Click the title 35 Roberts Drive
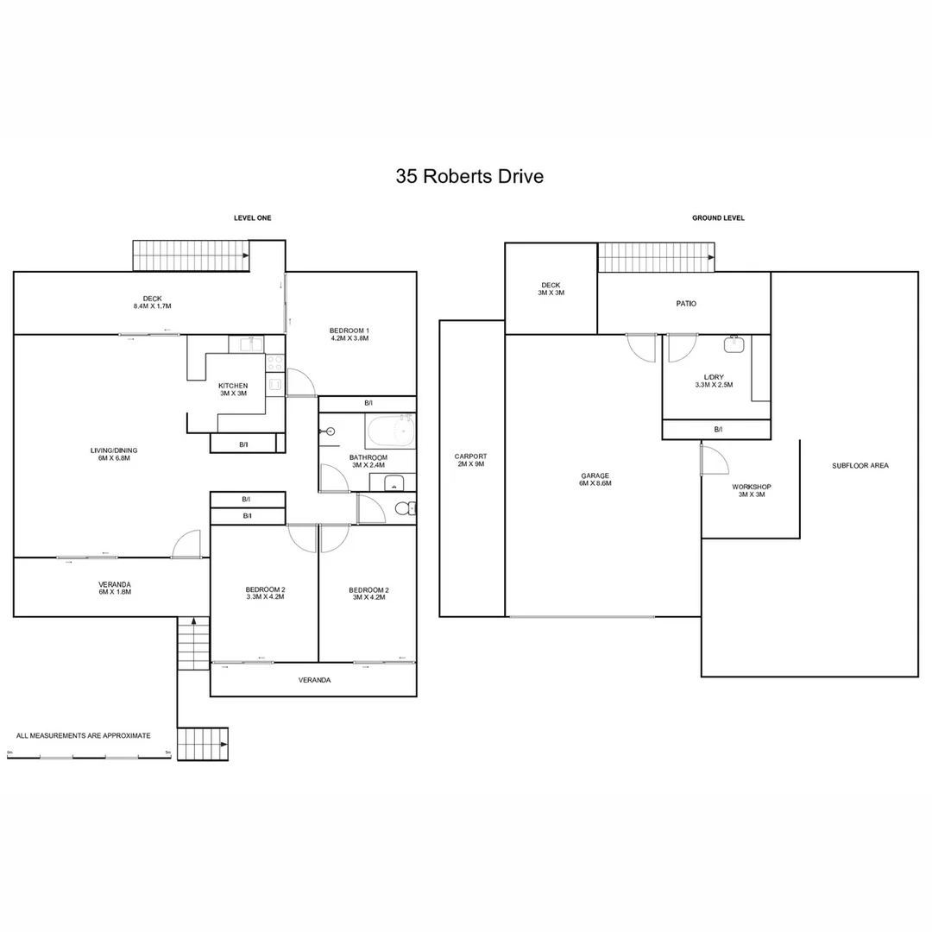pos(469,177)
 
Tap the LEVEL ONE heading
pos(253,218)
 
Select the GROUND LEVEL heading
pos(718,218)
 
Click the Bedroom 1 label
pos(349,335)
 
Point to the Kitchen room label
pos(233,389)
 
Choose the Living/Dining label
pos(114,454)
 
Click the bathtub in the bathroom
pos(390,431)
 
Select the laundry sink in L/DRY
pos(734,344)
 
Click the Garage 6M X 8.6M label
pos(595,480)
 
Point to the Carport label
pos(471,460)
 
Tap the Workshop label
pos(752,490)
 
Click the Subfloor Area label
pos(860,466)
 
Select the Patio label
pos(686,304)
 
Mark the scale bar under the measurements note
pos(89,756)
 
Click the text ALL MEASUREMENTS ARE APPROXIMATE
pos(83,736)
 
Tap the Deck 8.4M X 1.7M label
pos(152,303)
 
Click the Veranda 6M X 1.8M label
pos(115,589)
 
